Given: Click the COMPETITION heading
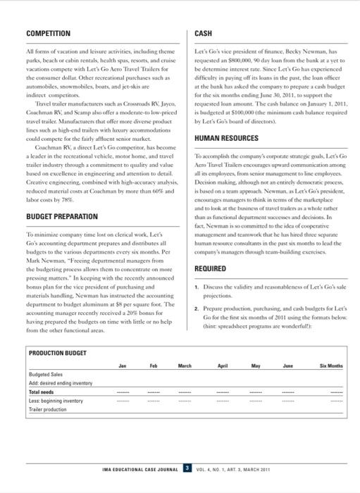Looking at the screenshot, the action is pos(48,34).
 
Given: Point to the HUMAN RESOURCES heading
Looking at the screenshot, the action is pos(227,139).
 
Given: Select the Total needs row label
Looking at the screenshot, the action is pos(42,392).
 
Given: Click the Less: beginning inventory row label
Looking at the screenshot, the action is pos(56,401).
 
